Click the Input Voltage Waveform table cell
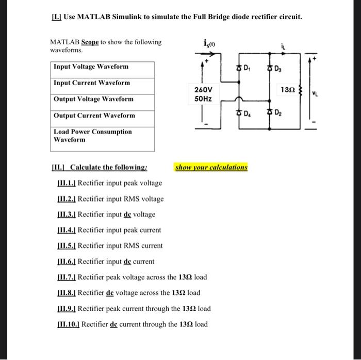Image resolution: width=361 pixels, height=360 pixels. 103,67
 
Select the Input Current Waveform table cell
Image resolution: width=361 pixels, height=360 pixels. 103,83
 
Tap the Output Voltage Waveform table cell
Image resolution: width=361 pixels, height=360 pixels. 103,99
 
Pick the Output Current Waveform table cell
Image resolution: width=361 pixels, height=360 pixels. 103,116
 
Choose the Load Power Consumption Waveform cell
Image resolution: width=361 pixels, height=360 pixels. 103,136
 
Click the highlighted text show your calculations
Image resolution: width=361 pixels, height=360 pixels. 211,168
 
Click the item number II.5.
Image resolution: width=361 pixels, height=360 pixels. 67,246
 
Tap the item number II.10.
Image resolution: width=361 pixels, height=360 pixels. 69,324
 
